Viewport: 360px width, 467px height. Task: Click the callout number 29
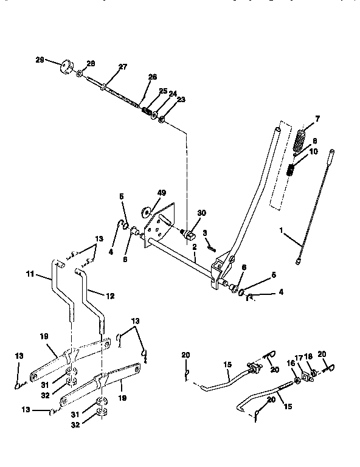[40, 60]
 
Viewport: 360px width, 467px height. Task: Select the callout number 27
[122, 67]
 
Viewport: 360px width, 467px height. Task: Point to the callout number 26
[152, 77]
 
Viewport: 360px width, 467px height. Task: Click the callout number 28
[91, 63]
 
